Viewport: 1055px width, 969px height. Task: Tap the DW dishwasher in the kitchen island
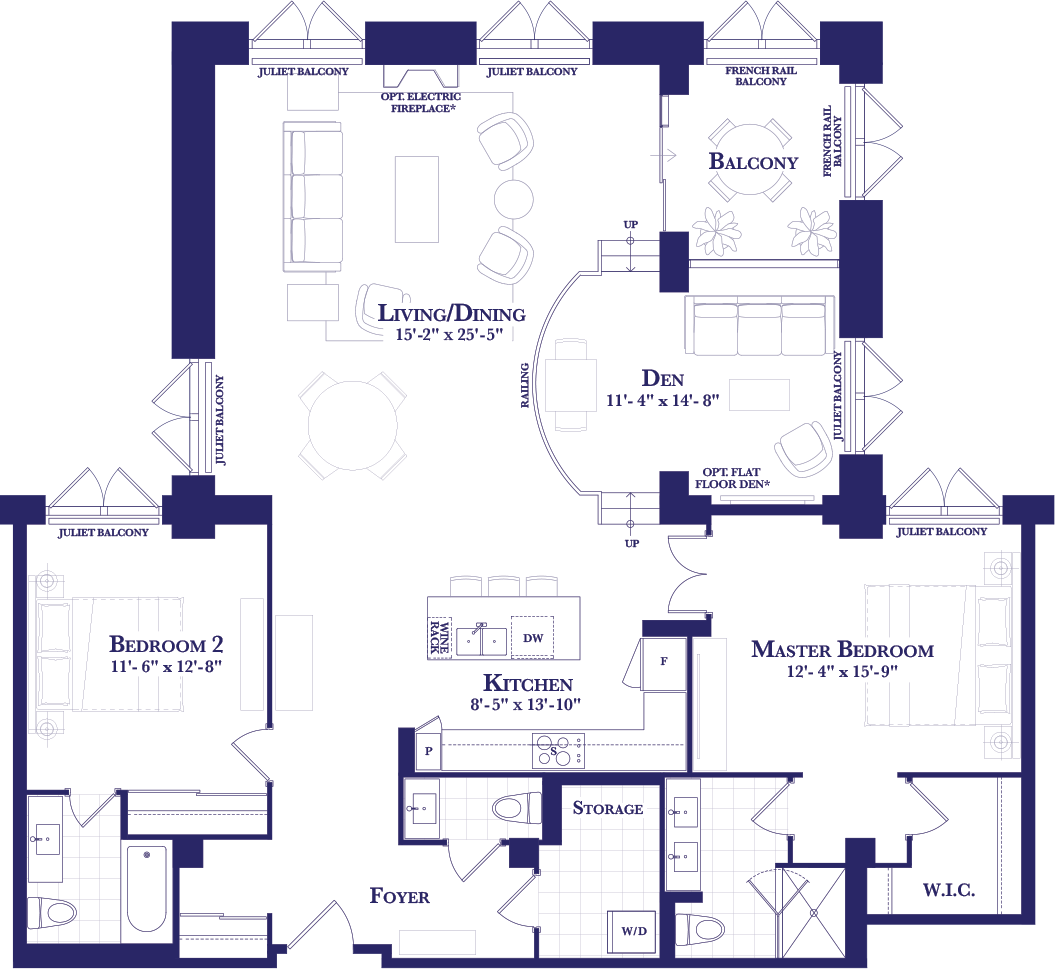pos(532,637)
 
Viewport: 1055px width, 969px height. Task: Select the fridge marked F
pos(663,663)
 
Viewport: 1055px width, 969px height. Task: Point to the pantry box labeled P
pos(429,750)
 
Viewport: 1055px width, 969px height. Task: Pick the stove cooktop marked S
pos(558,750)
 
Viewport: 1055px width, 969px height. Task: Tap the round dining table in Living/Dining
pos(353,425)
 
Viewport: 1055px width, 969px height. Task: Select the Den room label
pos(663,379)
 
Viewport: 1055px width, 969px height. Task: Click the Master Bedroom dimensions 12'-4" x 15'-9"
pos(842,672)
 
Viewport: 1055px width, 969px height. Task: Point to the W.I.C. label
pos(949,890)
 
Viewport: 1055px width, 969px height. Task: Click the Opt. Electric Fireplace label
pos(421,102)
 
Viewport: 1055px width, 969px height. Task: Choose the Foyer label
pos(400,896)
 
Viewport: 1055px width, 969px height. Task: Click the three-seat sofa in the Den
pos(760,325)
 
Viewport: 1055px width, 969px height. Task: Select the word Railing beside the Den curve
pos(525,385)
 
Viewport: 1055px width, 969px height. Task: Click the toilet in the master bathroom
pos(700,929)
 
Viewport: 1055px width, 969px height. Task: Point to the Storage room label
pos(608,809)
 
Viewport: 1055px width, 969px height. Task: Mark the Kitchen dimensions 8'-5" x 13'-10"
pos(525,705)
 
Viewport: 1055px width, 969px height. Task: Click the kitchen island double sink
pos(482,640)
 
